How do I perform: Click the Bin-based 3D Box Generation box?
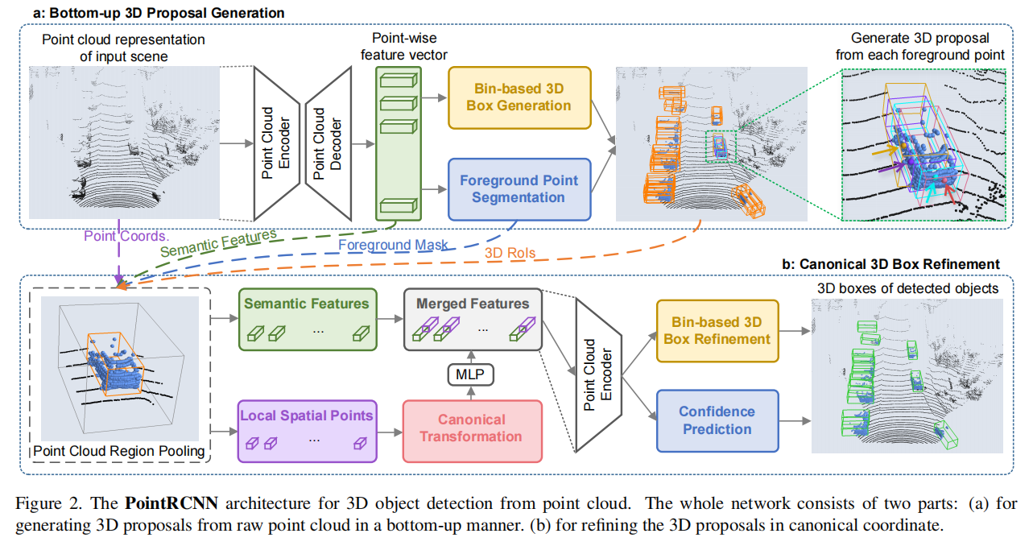coord(519,97)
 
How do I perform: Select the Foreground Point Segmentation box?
coord(519,188)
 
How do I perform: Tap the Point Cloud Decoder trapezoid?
coord(329,143)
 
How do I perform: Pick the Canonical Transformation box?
coord(472,428)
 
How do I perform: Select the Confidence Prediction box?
coord(717,420)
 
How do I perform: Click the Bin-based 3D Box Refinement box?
coord(717,331)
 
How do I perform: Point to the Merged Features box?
coord(473,320)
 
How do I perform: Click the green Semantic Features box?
coord(307,319)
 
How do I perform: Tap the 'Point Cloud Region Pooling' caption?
coord(119,450)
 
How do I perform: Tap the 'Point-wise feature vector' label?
coord(399,47)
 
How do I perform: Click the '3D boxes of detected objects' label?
coord(907,288)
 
